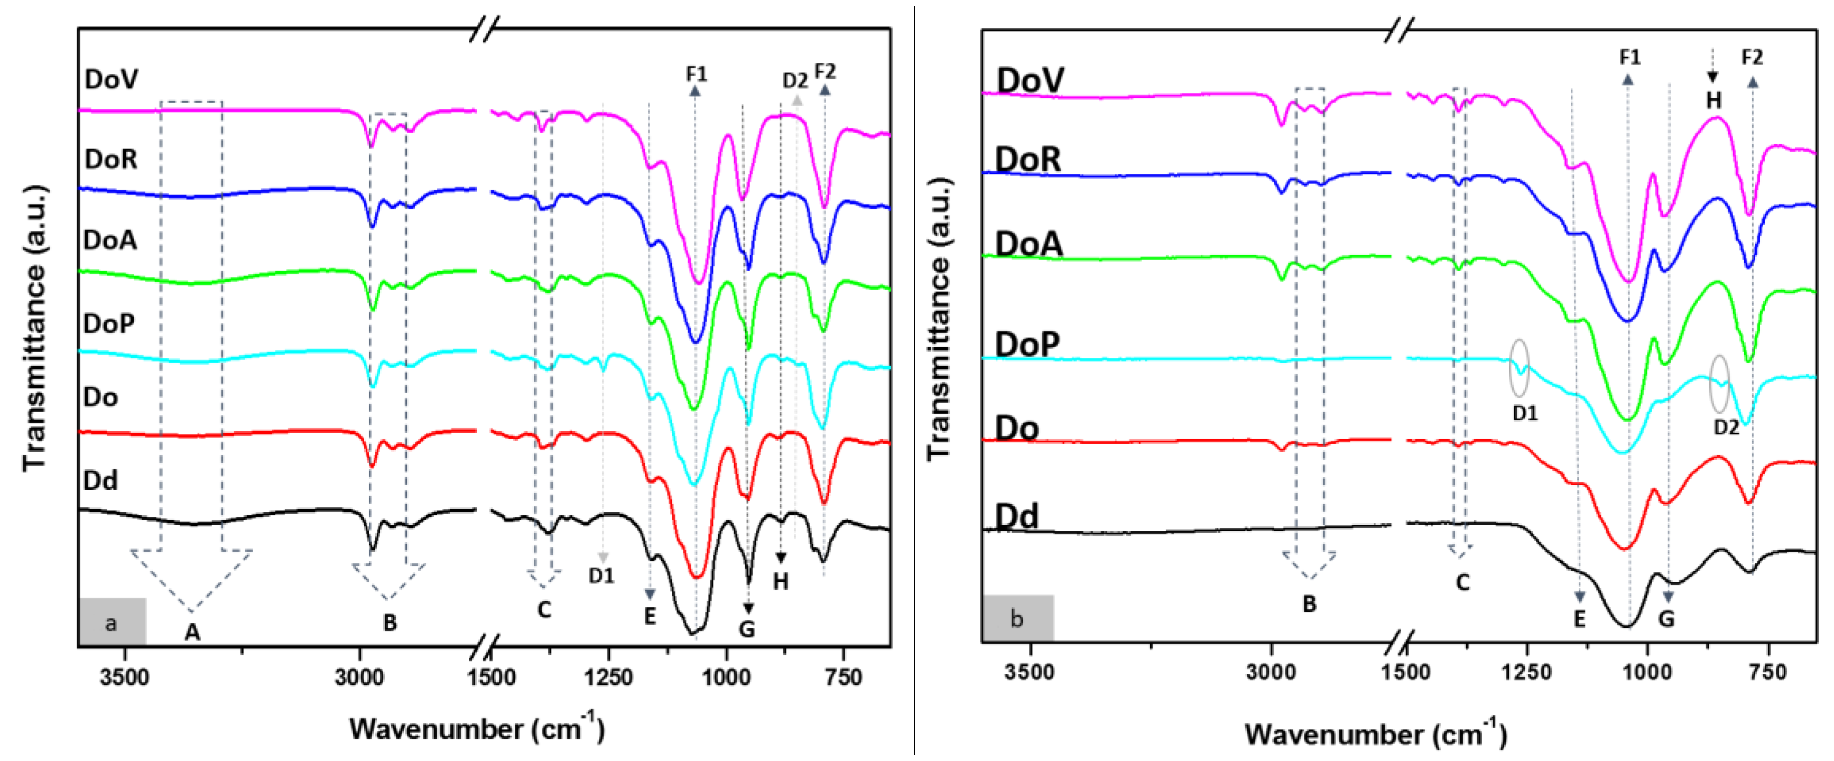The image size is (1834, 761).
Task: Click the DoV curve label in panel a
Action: point(111,79)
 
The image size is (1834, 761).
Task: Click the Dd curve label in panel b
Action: point(1017,515)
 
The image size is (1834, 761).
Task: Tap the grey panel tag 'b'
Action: point(1017,618)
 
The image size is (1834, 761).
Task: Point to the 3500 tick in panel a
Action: point(125,676)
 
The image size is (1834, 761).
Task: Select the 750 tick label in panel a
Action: point(843,676)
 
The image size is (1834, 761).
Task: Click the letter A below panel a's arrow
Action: point(192,632)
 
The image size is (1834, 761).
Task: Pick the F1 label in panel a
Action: point(696,73)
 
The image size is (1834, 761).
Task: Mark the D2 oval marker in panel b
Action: point(1719,384)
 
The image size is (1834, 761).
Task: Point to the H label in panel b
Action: point(1713,100)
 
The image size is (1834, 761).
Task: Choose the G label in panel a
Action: point(747,628)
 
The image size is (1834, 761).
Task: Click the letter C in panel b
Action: point(1462,582)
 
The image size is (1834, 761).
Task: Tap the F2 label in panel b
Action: point(1752,58)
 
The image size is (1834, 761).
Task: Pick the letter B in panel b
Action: point(1309,604)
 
